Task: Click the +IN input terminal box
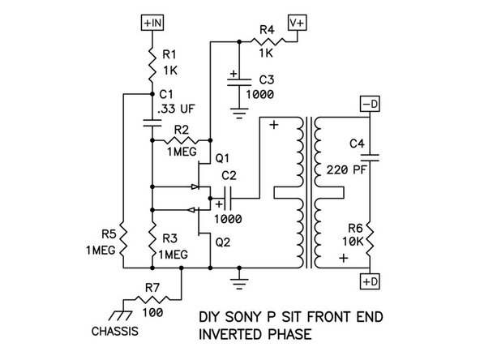coord(152,23)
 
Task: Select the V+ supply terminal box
coord(296,23)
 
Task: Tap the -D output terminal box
coord(370,105)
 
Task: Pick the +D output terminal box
coord(370,281)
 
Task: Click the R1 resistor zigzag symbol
coord(152,60)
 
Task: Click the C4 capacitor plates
coord(370,154)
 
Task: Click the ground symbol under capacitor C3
coord(238,113)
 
